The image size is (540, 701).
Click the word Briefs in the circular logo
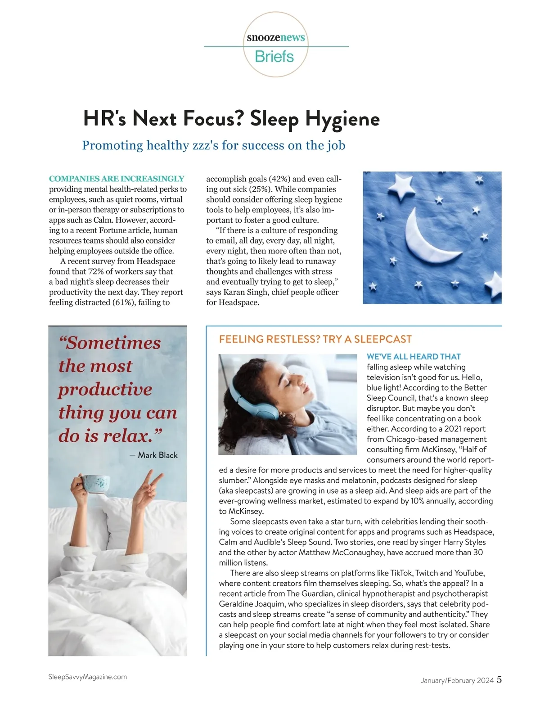tap(274, 57)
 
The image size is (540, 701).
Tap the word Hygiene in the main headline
tap(342, 119)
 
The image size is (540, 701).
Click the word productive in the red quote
tap(105, 389)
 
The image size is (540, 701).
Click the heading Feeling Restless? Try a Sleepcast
tap(315, 339)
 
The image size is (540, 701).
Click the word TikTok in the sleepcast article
tap(400, 573)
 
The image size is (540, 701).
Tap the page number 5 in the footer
tap(499, 679)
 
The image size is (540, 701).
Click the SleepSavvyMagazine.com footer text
tap(87, 677)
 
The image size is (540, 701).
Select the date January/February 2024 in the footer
tap(457, 680)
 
